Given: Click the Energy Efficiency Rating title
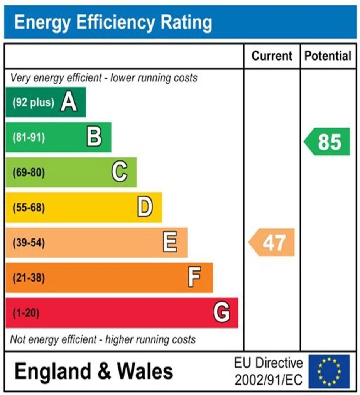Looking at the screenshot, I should (113, 23).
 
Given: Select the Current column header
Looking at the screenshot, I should (272, 56).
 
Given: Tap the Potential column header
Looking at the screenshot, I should (328, 56).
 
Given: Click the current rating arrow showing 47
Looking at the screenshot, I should (272, 243).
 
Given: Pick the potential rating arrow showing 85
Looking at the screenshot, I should (328, 142).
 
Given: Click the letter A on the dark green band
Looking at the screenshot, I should (69, 103).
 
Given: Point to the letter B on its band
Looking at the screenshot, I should (94, 137).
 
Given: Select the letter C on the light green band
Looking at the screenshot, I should (120, 172).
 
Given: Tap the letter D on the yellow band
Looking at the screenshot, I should (145, 208).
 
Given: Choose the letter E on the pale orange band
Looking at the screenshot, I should (170, 243).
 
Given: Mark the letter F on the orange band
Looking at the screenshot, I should (195, 277).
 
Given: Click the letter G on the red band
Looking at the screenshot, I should (221, 312).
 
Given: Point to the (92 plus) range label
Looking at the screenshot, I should (33, 103).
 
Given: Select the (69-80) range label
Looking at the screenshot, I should (29, 172).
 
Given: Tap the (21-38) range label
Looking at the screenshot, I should (29, 278).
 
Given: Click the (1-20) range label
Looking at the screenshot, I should (26, 313).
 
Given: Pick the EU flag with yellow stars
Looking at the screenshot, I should (328, 371).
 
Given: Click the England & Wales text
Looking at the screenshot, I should (94, 371).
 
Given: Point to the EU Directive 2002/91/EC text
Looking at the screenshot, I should (268, 371).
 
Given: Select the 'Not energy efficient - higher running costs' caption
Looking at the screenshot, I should (103, 339).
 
